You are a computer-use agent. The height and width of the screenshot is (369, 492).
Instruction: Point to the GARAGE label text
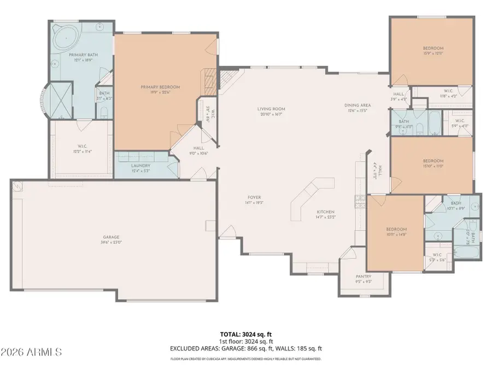pos(110,237)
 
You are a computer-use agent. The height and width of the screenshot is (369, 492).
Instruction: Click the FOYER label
pos(254,197)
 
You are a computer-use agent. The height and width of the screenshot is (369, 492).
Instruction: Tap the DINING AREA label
pos(358,106)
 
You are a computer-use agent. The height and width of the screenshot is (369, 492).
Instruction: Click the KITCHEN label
pos(325,212)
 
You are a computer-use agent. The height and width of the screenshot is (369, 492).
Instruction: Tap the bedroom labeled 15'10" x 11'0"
pos(432,161)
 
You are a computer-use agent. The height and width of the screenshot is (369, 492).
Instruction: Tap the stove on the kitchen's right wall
pos(359,202)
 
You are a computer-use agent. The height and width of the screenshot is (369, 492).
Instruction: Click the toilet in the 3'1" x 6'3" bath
pos(104,113)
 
